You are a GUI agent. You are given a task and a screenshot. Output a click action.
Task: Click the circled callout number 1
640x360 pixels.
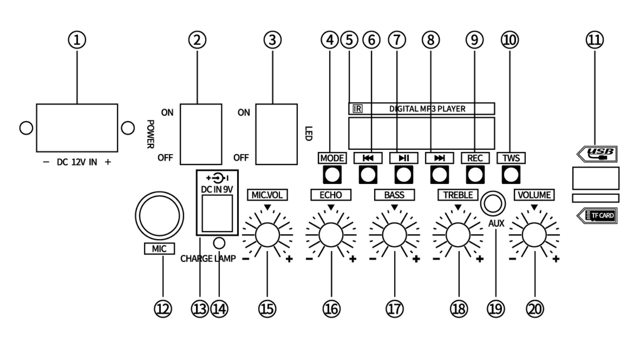point(77,40)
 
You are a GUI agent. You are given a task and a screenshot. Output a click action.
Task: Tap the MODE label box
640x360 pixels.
point(332,158)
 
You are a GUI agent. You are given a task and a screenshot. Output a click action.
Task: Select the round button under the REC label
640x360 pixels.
point(475,174)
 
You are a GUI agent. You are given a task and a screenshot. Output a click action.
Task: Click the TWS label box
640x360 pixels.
point(511,158)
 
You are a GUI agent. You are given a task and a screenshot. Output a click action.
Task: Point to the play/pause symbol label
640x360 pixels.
point(404,158)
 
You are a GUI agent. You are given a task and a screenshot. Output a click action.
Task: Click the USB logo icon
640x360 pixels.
point(597,154)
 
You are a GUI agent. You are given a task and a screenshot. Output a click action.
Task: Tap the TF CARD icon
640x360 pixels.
point(597,215)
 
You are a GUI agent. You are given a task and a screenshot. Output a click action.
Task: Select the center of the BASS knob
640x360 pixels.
point(394,235)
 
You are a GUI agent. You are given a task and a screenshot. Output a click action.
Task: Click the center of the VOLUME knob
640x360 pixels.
point(534,235)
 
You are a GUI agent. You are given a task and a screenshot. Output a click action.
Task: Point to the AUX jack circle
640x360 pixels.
point(493,203)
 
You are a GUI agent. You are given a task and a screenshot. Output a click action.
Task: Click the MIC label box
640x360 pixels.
point(159,249)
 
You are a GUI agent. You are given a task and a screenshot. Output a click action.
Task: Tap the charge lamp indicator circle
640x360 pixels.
point(219,243)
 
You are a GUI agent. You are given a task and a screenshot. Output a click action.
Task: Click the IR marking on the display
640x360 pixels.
point(358,109)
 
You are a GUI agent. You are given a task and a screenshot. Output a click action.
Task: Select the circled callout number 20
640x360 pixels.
point(535,309)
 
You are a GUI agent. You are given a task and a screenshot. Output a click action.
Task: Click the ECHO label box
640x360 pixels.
point(331,195)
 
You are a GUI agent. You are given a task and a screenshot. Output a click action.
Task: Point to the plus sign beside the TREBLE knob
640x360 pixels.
point(480,259)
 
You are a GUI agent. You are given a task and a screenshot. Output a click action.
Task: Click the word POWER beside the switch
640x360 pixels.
point(150,134)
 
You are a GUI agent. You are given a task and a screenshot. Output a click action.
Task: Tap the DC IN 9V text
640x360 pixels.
point(217,189)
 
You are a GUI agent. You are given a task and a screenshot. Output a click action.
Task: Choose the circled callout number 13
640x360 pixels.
point(200,309)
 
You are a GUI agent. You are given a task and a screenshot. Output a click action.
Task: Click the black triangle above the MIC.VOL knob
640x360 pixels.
point(267,208)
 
